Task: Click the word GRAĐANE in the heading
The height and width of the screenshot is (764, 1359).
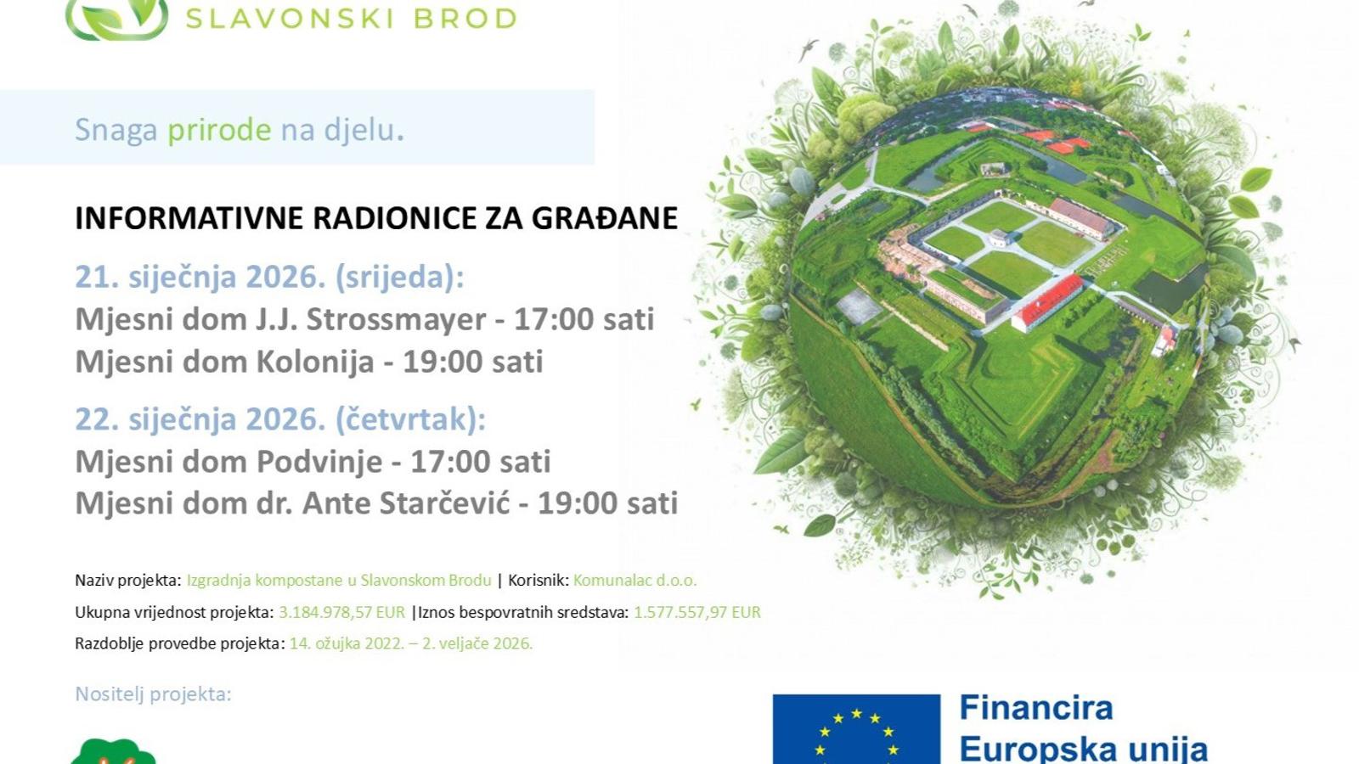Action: (x=604, y=217)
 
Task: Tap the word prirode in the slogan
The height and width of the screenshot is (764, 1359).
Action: (x=219, y=131)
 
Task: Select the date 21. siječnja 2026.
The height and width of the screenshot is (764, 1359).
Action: (x=200, y=277)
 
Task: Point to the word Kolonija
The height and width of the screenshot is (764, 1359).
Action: (x=315, y=362)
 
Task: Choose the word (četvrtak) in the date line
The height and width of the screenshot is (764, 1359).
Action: (x=410, y=419)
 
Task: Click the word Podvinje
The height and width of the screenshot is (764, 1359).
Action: (x=319, y=462)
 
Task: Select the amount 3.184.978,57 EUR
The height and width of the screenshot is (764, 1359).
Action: (x=341, y=612)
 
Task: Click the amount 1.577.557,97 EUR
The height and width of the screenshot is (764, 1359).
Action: (x=697, y=612)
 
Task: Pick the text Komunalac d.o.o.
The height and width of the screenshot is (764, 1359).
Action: (x=634, y=581)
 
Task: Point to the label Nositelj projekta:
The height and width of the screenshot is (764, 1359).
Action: (x=153, y=694)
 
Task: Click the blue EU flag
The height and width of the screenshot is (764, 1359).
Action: (x=856, y=729)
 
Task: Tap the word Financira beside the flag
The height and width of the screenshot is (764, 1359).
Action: (x=1036, y=708)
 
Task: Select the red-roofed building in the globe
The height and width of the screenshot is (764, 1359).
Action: (x=1046, y=302)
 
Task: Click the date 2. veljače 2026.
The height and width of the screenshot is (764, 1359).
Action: (x=477, y=643)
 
